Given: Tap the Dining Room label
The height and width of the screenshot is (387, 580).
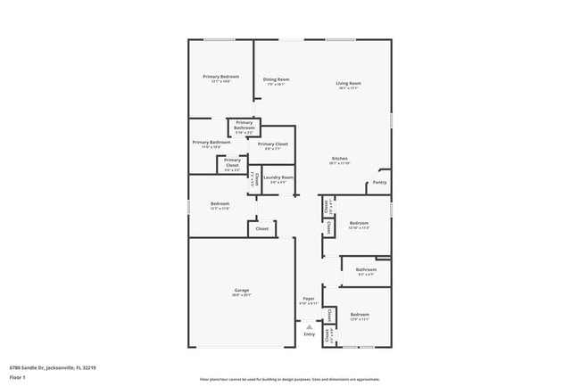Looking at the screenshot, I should (x=276, y=79).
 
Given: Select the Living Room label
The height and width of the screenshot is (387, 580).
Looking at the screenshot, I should (x=348, y=84).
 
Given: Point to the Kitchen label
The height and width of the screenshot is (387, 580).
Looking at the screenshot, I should (x=339, y=159).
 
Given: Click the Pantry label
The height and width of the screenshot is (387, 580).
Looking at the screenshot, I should (x=379, y=182).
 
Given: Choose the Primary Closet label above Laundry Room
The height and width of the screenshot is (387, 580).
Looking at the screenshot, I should (x=272, y=144).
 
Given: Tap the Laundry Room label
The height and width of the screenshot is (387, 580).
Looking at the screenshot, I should (x=278, y=177).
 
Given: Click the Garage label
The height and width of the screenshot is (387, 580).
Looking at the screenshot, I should (x=241, y=291).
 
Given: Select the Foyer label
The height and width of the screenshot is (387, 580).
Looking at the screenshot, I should (x=308, y=299).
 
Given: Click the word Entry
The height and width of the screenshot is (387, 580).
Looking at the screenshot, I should (x=309, y=334).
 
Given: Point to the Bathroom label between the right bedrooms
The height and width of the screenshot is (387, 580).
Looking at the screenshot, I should (x=366, y=269).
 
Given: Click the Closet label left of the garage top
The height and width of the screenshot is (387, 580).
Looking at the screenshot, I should (x=261, y=229).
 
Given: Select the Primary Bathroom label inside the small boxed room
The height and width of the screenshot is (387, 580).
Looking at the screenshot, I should (x=244, y=125).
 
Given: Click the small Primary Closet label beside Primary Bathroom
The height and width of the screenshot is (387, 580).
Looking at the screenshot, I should (x=232, y=162).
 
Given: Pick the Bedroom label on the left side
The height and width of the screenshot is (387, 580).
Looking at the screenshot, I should (x=220, y=204).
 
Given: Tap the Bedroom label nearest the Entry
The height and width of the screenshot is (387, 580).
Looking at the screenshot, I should (x=359, y=315).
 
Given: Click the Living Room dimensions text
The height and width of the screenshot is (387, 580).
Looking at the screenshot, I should (x=348, y=88).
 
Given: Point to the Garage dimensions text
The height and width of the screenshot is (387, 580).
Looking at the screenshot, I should (x=241, y=295).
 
